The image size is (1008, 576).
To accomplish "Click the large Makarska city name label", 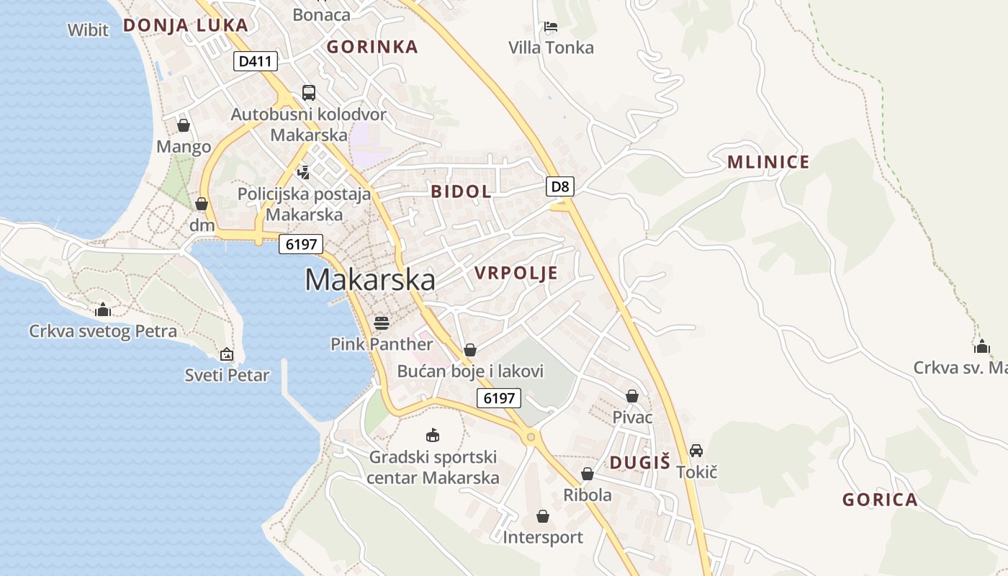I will tap(370, 280).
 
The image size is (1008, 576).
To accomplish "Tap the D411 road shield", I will tap(256, 61).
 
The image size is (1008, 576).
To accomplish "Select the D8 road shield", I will tap(560, 187).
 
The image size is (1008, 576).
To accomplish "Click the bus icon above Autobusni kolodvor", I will tap(309, 92).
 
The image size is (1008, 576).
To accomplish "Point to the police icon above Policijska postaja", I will tap(304, 172).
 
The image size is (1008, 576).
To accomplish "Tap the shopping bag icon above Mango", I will tap(184, 125).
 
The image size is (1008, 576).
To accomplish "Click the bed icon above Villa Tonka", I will tap(551, 27).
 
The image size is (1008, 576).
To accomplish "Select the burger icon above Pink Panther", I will tap(382, 323).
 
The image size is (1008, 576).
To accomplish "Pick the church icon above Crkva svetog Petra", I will tap(103, 310).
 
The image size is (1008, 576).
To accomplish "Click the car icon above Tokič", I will tap(696, 451).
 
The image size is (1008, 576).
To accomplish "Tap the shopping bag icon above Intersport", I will tap(543, 516).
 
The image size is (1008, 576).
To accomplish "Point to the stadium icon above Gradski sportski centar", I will tap(433, 435).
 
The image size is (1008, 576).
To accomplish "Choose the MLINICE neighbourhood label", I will tap(768, 162).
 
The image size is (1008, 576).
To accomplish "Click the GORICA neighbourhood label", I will tap(880, 500).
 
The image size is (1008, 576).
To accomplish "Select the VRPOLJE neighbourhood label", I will tap(516, 273).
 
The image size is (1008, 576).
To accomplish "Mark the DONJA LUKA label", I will tap(185, 25).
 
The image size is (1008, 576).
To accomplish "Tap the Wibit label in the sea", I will tap(88, 30).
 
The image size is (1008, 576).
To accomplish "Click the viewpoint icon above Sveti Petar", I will tap(227, 354).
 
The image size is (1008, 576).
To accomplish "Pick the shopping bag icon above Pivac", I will tap(632, 396).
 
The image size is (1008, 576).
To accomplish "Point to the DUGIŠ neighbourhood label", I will tap(640, 463).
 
